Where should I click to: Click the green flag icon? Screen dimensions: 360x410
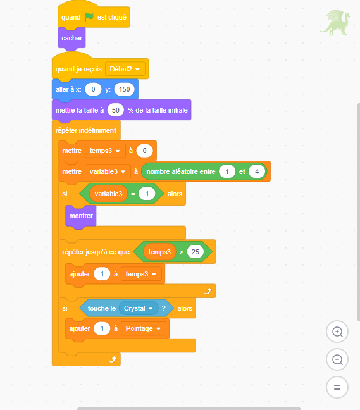89,17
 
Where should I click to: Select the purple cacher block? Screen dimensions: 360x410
71,38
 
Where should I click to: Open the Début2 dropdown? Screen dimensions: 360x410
125,69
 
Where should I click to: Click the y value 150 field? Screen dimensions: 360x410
125,89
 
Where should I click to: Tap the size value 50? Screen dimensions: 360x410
116,110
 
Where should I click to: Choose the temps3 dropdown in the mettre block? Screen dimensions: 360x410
105,151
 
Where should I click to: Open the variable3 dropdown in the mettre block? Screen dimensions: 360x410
108,171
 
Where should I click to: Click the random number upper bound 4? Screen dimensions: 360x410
257,171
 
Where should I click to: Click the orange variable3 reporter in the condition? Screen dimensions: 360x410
108,194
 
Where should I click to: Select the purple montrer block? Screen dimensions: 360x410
81,216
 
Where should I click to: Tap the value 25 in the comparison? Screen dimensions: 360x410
196,252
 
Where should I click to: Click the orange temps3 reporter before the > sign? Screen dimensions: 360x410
159,252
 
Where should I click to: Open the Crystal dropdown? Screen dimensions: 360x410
139,308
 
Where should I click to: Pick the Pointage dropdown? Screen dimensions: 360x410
144,328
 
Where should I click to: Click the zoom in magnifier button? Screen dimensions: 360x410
337,332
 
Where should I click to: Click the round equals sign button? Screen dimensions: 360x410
337,387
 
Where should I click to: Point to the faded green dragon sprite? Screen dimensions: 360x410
335,23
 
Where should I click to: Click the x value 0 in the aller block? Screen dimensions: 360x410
94,89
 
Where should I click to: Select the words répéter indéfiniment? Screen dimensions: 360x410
86,130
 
